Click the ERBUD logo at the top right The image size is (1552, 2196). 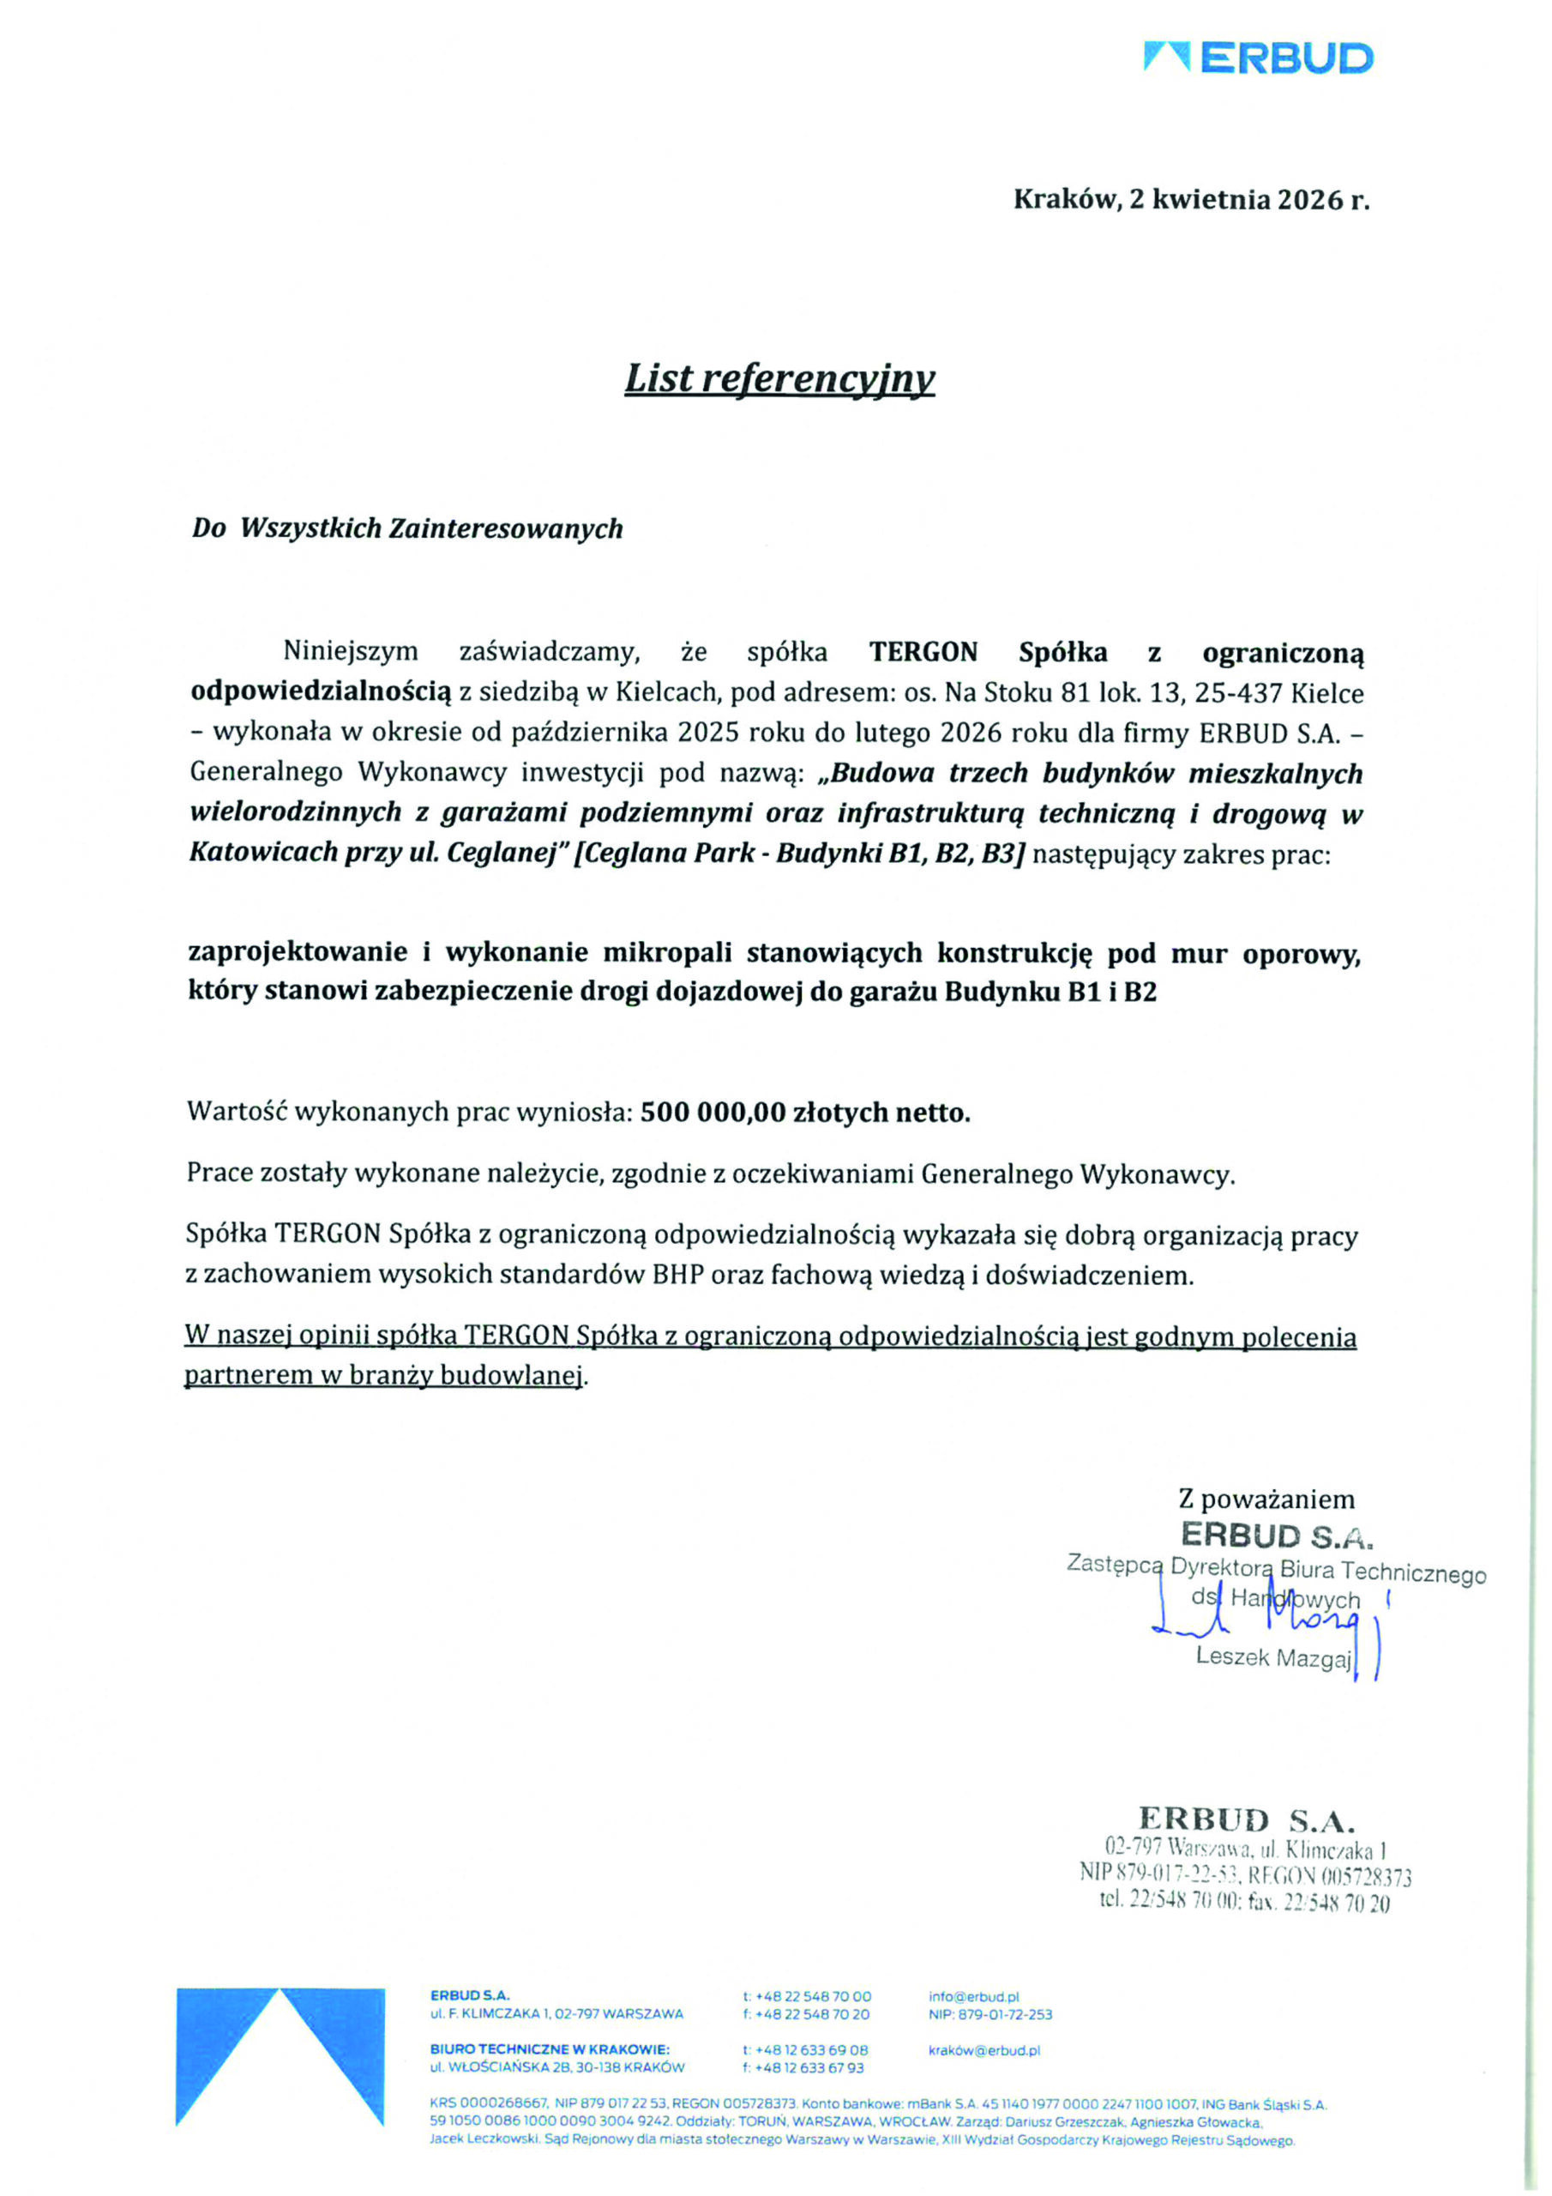tap(1258, 58)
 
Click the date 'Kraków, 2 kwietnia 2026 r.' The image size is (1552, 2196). tap(1190, 200)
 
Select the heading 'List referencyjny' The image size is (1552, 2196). tap(779, 379)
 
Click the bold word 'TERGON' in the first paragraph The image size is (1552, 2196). tap(923, 652)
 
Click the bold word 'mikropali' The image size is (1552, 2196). tap(667, 953)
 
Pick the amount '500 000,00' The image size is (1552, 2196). tap(713, 1112)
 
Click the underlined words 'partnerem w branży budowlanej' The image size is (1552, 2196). tap(383, 1375)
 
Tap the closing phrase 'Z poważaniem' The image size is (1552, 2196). tap(1266, 1499)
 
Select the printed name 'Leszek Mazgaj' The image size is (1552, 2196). tap(1272, 1657)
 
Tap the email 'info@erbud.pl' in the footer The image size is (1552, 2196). tap(973, 1996)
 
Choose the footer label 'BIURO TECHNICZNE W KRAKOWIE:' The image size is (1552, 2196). tap(550, 2049)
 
